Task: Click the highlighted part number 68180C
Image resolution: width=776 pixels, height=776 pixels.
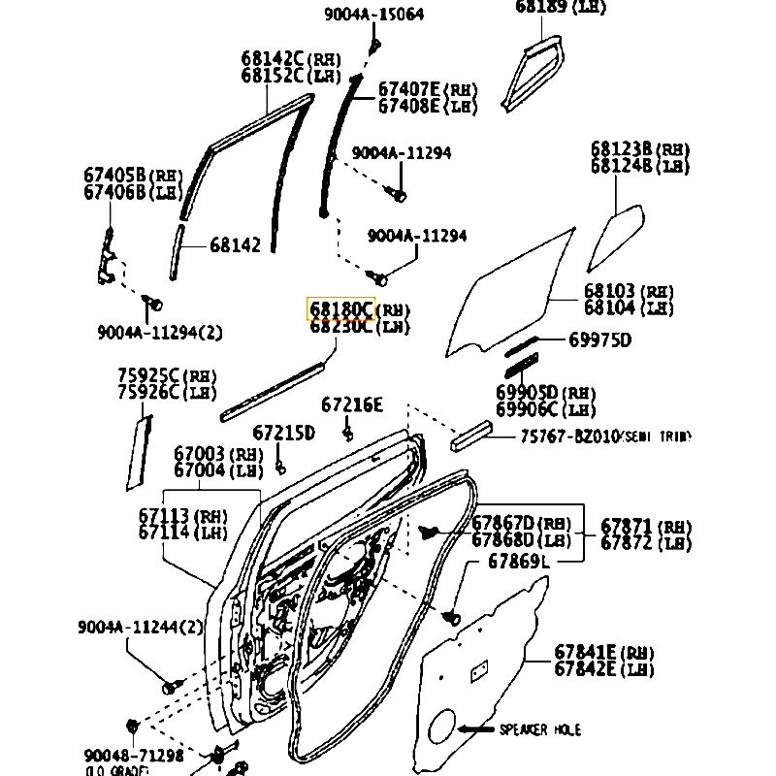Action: pyautogui.click(x=340, y=309)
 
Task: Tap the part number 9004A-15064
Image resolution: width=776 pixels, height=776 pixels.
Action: pyautogui.click(x=373, y=16)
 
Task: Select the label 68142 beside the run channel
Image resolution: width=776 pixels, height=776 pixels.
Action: pyautogui.click(x=235, y=245)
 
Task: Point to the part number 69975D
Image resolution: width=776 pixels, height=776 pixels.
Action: pyautogui.click(x=599, y=339)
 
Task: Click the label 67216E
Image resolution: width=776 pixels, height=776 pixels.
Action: pyautogui.click(x=352, y=404)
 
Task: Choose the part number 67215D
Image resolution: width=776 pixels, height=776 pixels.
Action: pyautogui.click(x=284, y=433)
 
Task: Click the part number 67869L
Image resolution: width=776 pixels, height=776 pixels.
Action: pyautogui.click(x=518, y=561)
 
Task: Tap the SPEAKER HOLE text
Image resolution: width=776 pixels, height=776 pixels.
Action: pyautogui.click(x=540, y=728)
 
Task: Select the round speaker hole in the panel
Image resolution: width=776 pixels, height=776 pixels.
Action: pyautogui.click(x=439, y=727)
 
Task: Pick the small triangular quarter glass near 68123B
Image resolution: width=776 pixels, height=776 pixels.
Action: pyautogui.click(x=614, y=235)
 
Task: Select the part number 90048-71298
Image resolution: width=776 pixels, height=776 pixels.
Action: pyautogui.click(x=134, y=756)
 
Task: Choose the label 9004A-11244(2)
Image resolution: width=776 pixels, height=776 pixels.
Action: pyautogui.click(x=141, y=628)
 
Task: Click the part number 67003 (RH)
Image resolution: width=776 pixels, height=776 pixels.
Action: pyautogui.click(x=218, y=454)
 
